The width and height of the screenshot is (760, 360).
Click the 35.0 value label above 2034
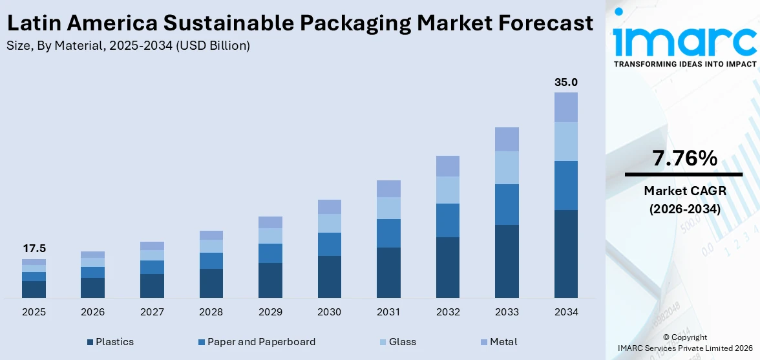click(x=566, y=82)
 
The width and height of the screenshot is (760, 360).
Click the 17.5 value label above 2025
click(x=34, y=249)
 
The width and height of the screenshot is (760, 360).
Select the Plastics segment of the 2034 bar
click(x=566, y=253)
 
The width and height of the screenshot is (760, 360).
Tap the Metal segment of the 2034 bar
click(x=566, y=107)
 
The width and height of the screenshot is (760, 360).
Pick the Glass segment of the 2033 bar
click(x=507, y=167)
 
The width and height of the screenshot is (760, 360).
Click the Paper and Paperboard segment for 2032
click(x=447, y=220)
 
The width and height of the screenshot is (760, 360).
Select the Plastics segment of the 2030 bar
click(x=329, y=277)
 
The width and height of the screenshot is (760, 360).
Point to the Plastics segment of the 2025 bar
click(x=34, y=289)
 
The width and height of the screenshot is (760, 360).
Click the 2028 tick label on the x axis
click(x=211, y=312)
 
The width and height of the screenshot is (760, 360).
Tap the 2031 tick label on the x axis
click(x=388, y=312)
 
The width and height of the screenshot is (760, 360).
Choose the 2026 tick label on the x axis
click(x=93, y=312)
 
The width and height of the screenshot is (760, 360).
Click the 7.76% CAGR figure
click(x=684, y=158)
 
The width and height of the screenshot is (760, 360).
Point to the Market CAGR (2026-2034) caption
click(x=684, y=199)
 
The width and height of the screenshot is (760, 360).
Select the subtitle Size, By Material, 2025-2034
click(x=128, y=45)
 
